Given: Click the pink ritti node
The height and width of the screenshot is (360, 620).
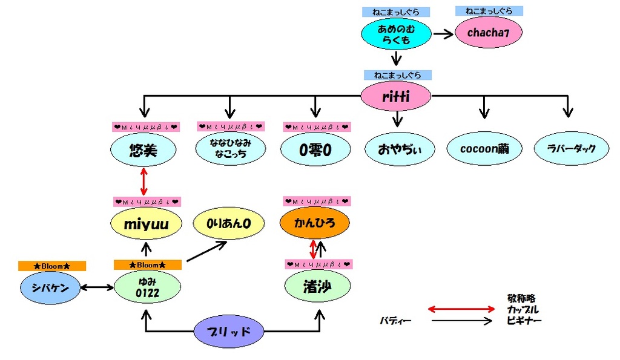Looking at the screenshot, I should pos(396,96).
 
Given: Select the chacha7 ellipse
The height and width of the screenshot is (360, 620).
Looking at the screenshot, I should pos(488,33).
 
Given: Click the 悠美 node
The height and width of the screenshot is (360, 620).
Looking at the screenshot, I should pos(143,149).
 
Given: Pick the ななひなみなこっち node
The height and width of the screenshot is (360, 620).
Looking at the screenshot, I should pos(229,149).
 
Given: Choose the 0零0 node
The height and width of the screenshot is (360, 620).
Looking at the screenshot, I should pos(315,149).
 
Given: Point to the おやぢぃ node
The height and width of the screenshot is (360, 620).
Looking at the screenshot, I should pos(400,149).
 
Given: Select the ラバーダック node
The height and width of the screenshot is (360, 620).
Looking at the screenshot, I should pos(570,149).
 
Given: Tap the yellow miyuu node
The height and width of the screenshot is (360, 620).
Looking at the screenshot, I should pos(145,224).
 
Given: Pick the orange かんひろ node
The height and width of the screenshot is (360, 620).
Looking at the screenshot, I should pos(315,224).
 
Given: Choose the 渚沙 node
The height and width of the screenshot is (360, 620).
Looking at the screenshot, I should pos(318,288).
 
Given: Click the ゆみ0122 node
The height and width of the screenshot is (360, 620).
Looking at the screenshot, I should pos(147,288).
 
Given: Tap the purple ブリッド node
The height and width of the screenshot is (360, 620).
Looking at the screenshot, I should pos(229,332).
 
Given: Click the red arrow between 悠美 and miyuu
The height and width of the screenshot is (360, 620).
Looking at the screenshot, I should pos(143,181).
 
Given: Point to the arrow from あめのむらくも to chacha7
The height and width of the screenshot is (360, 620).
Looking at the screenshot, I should pos(443,34).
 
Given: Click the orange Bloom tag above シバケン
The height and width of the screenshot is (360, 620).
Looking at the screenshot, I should pos(52,266).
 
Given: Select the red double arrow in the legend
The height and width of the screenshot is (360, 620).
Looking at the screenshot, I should pos(461,309).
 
